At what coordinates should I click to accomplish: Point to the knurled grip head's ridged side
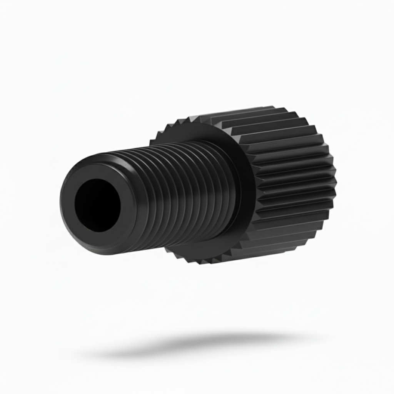(292, 173)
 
